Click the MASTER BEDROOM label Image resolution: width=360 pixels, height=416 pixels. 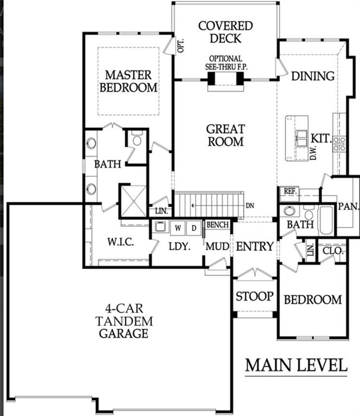pos(131,81)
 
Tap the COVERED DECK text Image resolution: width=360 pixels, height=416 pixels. pos(225,32)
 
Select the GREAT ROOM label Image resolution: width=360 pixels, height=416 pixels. pos(225,135)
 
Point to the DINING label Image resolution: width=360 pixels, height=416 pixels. pos(313,76)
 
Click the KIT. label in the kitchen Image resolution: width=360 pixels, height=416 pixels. pos(320,139)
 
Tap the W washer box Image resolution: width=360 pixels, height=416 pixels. pos(177,228)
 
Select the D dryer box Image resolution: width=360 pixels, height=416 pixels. pos(193,228)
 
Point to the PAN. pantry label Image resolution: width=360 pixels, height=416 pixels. pos(346,207)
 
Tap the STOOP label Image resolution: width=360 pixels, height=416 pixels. pos(254,297)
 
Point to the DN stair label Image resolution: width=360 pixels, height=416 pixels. pos(249,205)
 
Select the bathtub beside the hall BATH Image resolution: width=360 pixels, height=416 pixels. pos(326,220)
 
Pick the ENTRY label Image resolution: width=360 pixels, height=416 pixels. pos(255,246)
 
